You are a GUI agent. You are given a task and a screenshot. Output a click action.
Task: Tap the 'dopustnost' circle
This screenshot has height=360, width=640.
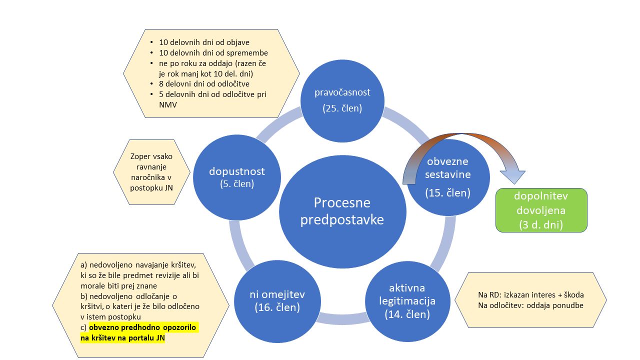pyautogui.click(x=236, y=160)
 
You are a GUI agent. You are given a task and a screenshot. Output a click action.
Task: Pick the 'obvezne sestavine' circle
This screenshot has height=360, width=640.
pyautogui.click(x=447, y=195)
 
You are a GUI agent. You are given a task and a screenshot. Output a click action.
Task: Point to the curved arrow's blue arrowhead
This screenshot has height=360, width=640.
pyautogui.click(x=512, y=176)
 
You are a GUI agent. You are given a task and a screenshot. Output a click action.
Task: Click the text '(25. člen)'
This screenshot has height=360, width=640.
pyautogui.click(x=342, y=107)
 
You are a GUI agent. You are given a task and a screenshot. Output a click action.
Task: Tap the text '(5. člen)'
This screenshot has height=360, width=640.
pyautogui.click(x=236, y=184)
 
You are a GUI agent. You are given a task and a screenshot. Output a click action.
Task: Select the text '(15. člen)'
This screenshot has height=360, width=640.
pyautogui.click(x=447, y=192)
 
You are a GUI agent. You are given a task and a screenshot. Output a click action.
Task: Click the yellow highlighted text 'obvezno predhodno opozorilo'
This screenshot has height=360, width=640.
pyautogui.click(x=143, y=327)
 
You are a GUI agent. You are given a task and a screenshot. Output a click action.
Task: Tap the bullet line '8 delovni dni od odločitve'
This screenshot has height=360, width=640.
pyautogui.click(x=204, y=83)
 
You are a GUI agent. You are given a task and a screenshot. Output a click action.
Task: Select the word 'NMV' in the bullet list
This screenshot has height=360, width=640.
pyautogui.click(x=167, y=105)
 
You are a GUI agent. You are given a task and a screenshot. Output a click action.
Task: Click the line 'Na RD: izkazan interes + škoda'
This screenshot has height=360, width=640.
pyautogui.click(x=531, y=294)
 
